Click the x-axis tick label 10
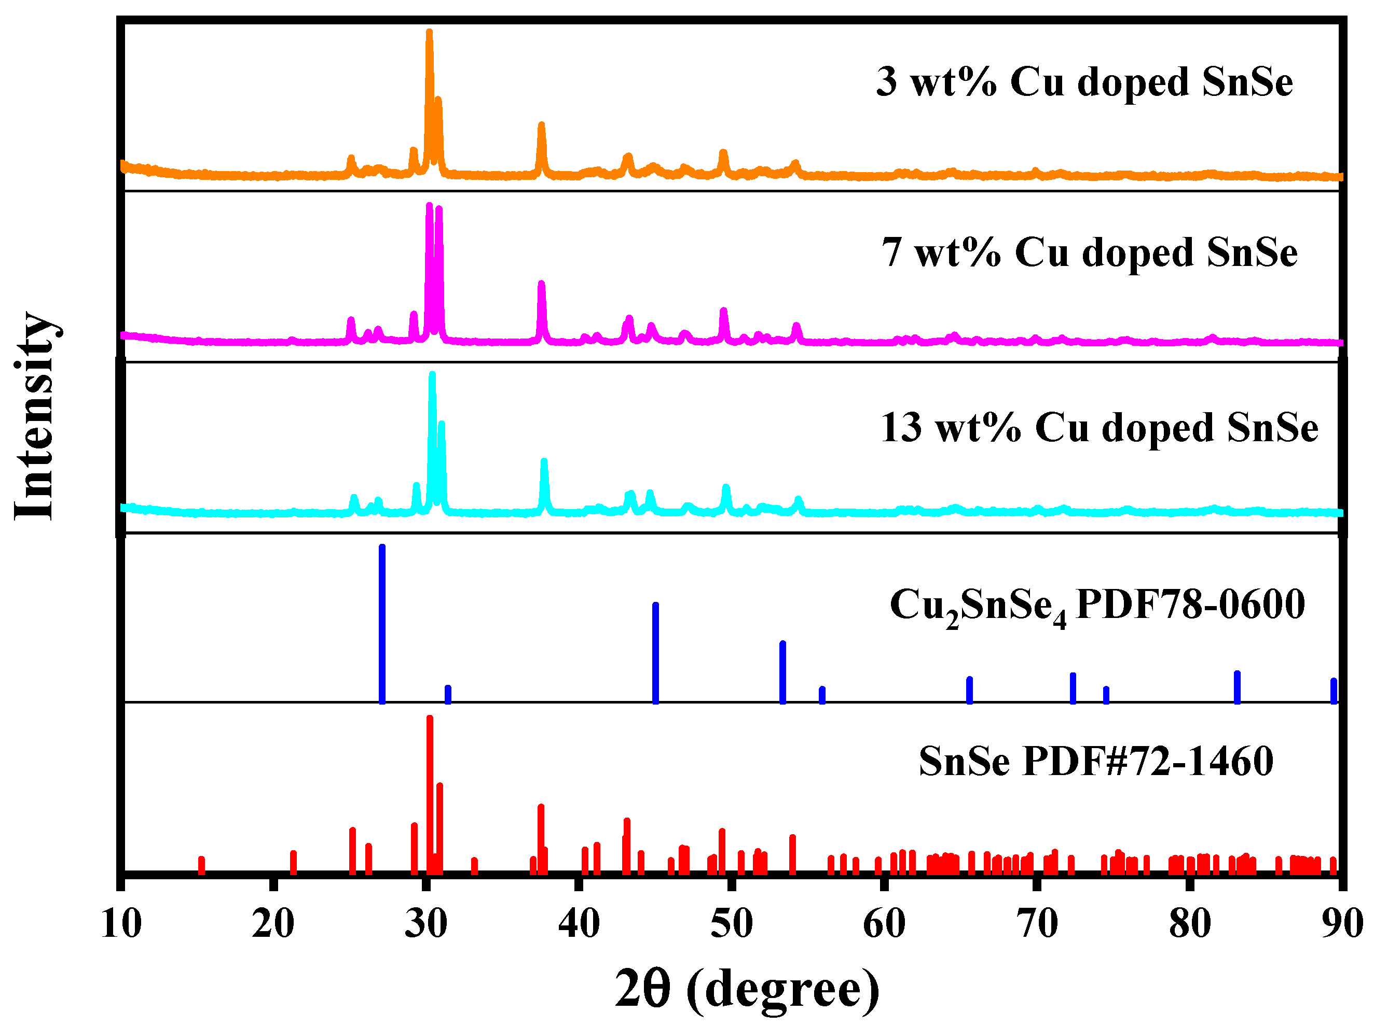[x=121, y=923]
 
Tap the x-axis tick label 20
[x=273, y=923]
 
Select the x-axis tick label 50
[x=732, y=923]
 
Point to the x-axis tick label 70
[x=1037, y=923]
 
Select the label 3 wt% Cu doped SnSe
[x=1084, y=82]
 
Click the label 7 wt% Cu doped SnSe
[x=1090, y=252]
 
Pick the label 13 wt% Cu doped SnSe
[x=1100, y=428]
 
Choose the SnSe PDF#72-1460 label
[x=1096, y=761]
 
